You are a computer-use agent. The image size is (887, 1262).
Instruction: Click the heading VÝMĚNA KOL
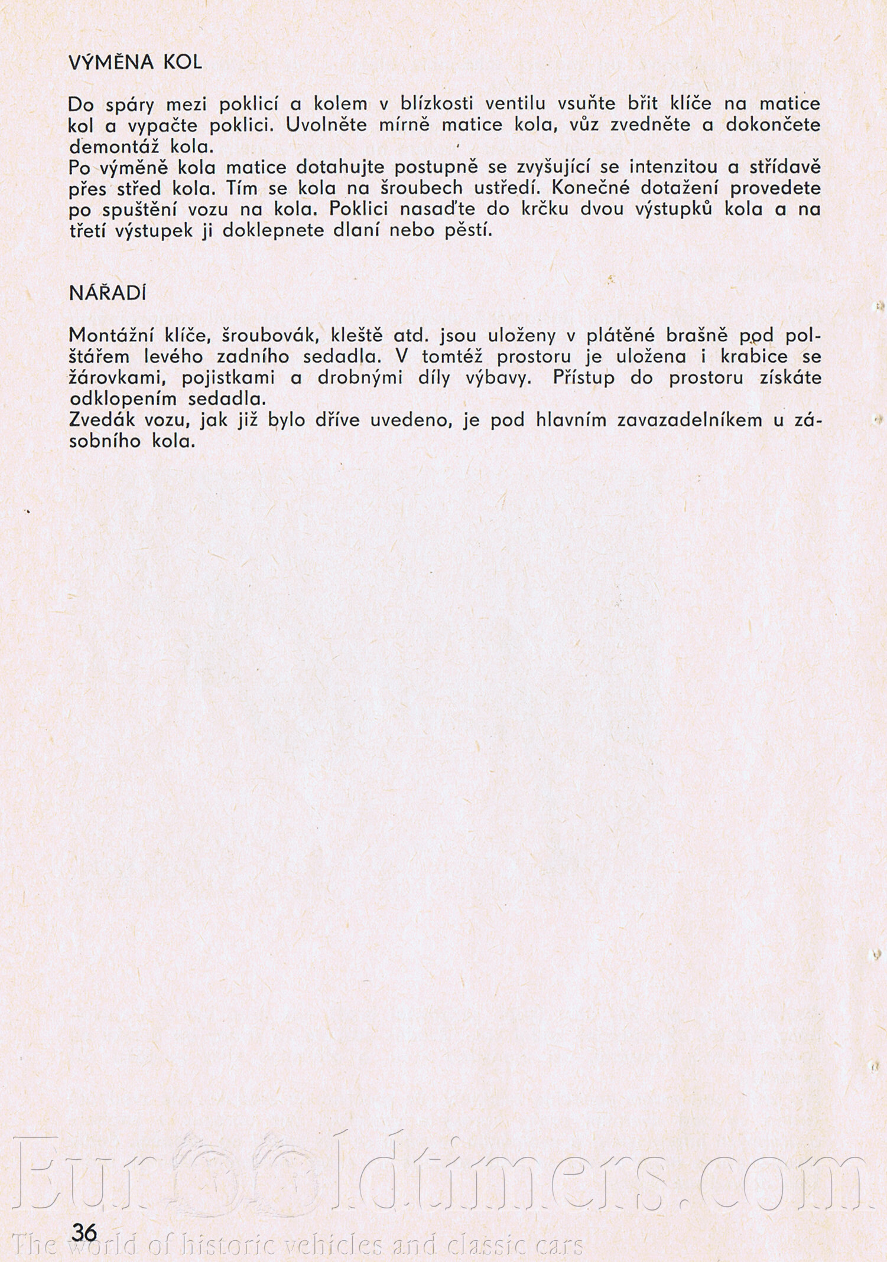(135, 63)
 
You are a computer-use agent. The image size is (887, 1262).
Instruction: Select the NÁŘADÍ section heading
(107, 294)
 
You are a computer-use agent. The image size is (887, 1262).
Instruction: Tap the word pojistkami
(229, 379)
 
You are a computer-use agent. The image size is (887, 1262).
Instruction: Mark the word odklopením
(124, 399)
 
